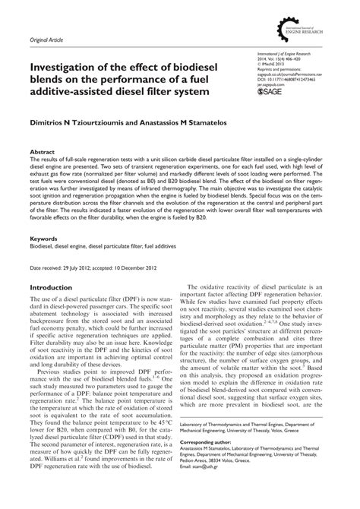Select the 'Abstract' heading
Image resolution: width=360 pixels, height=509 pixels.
42,152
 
